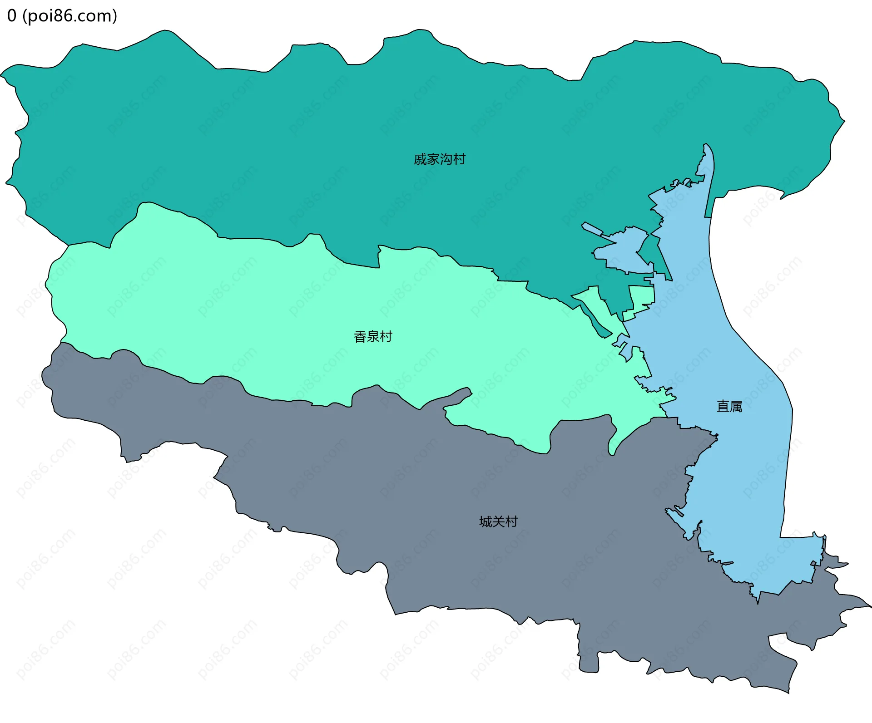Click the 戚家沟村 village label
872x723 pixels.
click(x=439, y=159)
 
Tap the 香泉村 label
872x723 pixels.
click(x=372, y=337)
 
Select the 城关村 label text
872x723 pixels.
click(x=498, y=521)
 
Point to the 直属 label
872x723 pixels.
click(x=729, y=406)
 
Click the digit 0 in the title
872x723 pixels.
click(x=12, y=16)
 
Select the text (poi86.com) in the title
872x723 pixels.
click(x=69, y=16)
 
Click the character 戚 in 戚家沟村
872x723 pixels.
click(x=420, y=159)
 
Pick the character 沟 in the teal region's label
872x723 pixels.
click(x=446, y=159)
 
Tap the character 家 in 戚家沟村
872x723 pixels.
click(x=433, y=159)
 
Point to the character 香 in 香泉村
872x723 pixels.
click(x=360, y=337)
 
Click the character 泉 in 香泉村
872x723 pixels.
click(x=373, y=337)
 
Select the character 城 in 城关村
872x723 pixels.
click(x=486, y=521)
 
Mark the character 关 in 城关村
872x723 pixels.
click(x=499, y=521)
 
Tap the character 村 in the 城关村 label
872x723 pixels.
click(x=511, y=521)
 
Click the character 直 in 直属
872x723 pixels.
click(x=723, y=406)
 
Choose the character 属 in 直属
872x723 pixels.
click(x=736, y=406)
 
